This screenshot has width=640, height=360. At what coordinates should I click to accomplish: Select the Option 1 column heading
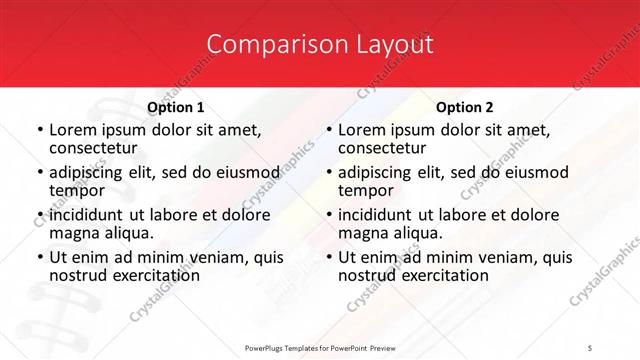[176, 107]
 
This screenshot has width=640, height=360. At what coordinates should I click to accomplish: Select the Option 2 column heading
[465, 107]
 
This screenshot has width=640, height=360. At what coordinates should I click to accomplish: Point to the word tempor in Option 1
[77, 190]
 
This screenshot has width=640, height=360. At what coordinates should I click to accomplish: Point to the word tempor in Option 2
[366, 190]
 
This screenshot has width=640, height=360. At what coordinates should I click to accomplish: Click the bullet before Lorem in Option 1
[39, 130]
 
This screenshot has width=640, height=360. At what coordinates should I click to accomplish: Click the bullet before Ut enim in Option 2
[328, 257]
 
